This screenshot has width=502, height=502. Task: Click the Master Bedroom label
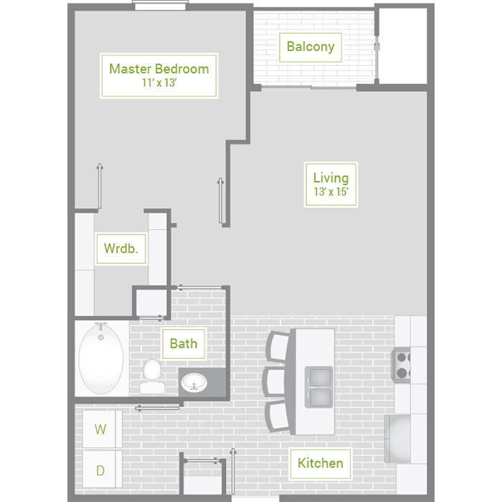(159, 69)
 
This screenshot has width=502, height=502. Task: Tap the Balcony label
(311, 47)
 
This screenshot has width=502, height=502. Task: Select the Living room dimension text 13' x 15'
(331, 191)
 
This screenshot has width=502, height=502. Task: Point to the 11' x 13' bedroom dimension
(159, 82)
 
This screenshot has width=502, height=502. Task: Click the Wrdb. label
(121, 248)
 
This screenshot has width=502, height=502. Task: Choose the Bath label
(184, 344)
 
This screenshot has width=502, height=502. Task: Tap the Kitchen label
(320, 463)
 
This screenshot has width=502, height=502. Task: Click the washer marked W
(102, 429)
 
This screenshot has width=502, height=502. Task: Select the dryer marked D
(102, 469)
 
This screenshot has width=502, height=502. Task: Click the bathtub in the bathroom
(101, 359)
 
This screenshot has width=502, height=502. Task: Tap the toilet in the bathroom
(152, 376)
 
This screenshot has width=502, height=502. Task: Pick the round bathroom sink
(194, 382)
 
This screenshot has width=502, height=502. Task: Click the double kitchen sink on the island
(318, 387)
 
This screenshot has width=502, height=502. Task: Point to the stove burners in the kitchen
(401, 365)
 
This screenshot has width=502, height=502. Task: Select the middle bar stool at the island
(274, 382)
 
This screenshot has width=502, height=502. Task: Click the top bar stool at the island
(278, 346)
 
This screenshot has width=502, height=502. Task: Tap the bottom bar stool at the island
(278, 416)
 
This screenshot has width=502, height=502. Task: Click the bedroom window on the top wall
(161, 6)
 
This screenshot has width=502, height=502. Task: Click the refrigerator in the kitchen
(397, 439)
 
